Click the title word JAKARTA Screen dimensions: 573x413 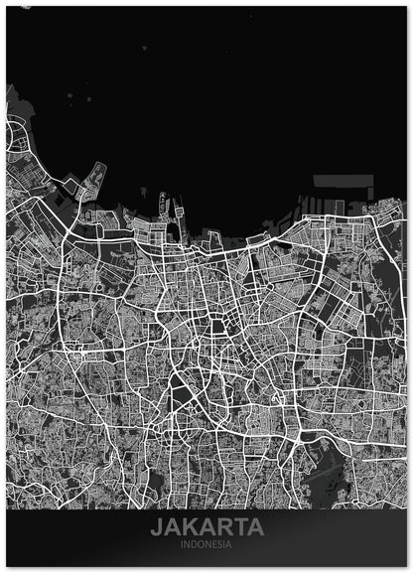click(206, 526)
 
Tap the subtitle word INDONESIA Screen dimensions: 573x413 click(206, 544)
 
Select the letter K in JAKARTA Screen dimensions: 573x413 click(192, 526)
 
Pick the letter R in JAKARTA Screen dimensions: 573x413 click(224, 526)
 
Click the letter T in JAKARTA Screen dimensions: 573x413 click(240, 526)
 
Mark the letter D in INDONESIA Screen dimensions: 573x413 click(194, 544)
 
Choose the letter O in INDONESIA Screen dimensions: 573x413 click(201, 544)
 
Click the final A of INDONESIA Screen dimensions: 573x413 click(229, 544)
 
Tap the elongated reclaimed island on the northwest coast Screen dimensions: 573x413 click(95, 179)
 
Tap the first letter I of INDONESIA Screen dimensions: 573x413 click(183, 544)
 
